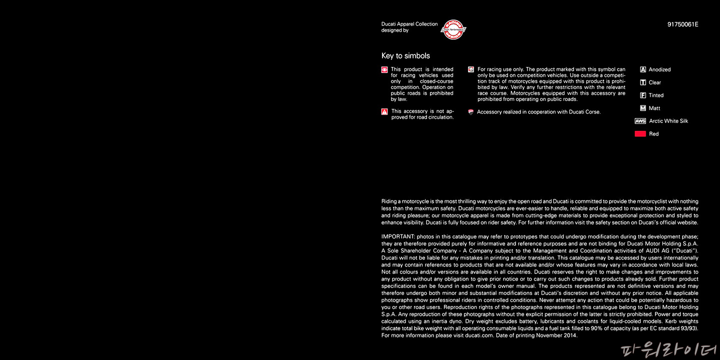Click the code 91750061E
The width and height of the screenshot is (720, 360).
pyautogui.click(x=682, y=24)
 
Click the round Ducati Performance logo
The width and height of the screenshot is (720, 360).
pyautogui.click(x=453, y=30)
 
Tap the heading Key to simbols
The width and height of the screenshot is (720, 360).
pyautogui.click(x=405, y=56)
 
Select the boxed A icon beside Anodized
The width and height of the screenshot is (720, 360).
pyautogui.click(x=643, y=69)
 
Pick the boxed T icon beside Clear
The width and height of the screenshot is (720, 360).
pyautogui.click(x=643, y=82)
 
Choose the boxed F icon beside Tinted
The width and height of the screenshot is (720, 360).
pyautogui.click(x=643, y=95)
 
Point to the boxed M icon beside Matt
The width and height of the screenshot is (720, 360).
pyautogui.click(x=643, y=108)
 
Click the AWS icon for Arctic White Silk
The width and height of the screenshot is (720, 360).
pyautogui.click(x=640, y=121)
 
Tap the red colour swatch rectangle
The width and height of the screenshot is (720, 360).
pyautogui.click(x=640, y=134)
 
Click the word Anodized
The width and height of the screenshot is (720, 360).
pyautogui.click(x=659, y=69)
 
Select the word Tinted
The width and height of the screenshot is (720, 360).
pyautogui.click(x=656, y=95)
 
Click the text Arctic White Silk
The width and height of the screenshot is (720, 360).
pyautogui.click(x=668, y=121)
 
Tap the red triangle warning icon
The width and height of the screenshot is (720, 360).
pyautogui.click(x=384, y=112)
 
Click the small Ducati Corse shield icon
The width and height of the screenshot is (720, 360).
pyautogui.click(x=470, y=112)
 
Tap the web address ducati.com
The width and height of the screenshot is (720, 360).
pyautogui.click(x=479, y=335)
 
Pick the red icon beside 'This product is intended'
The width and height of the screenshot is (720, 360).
pyautogui.click(x=384, y=70)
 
